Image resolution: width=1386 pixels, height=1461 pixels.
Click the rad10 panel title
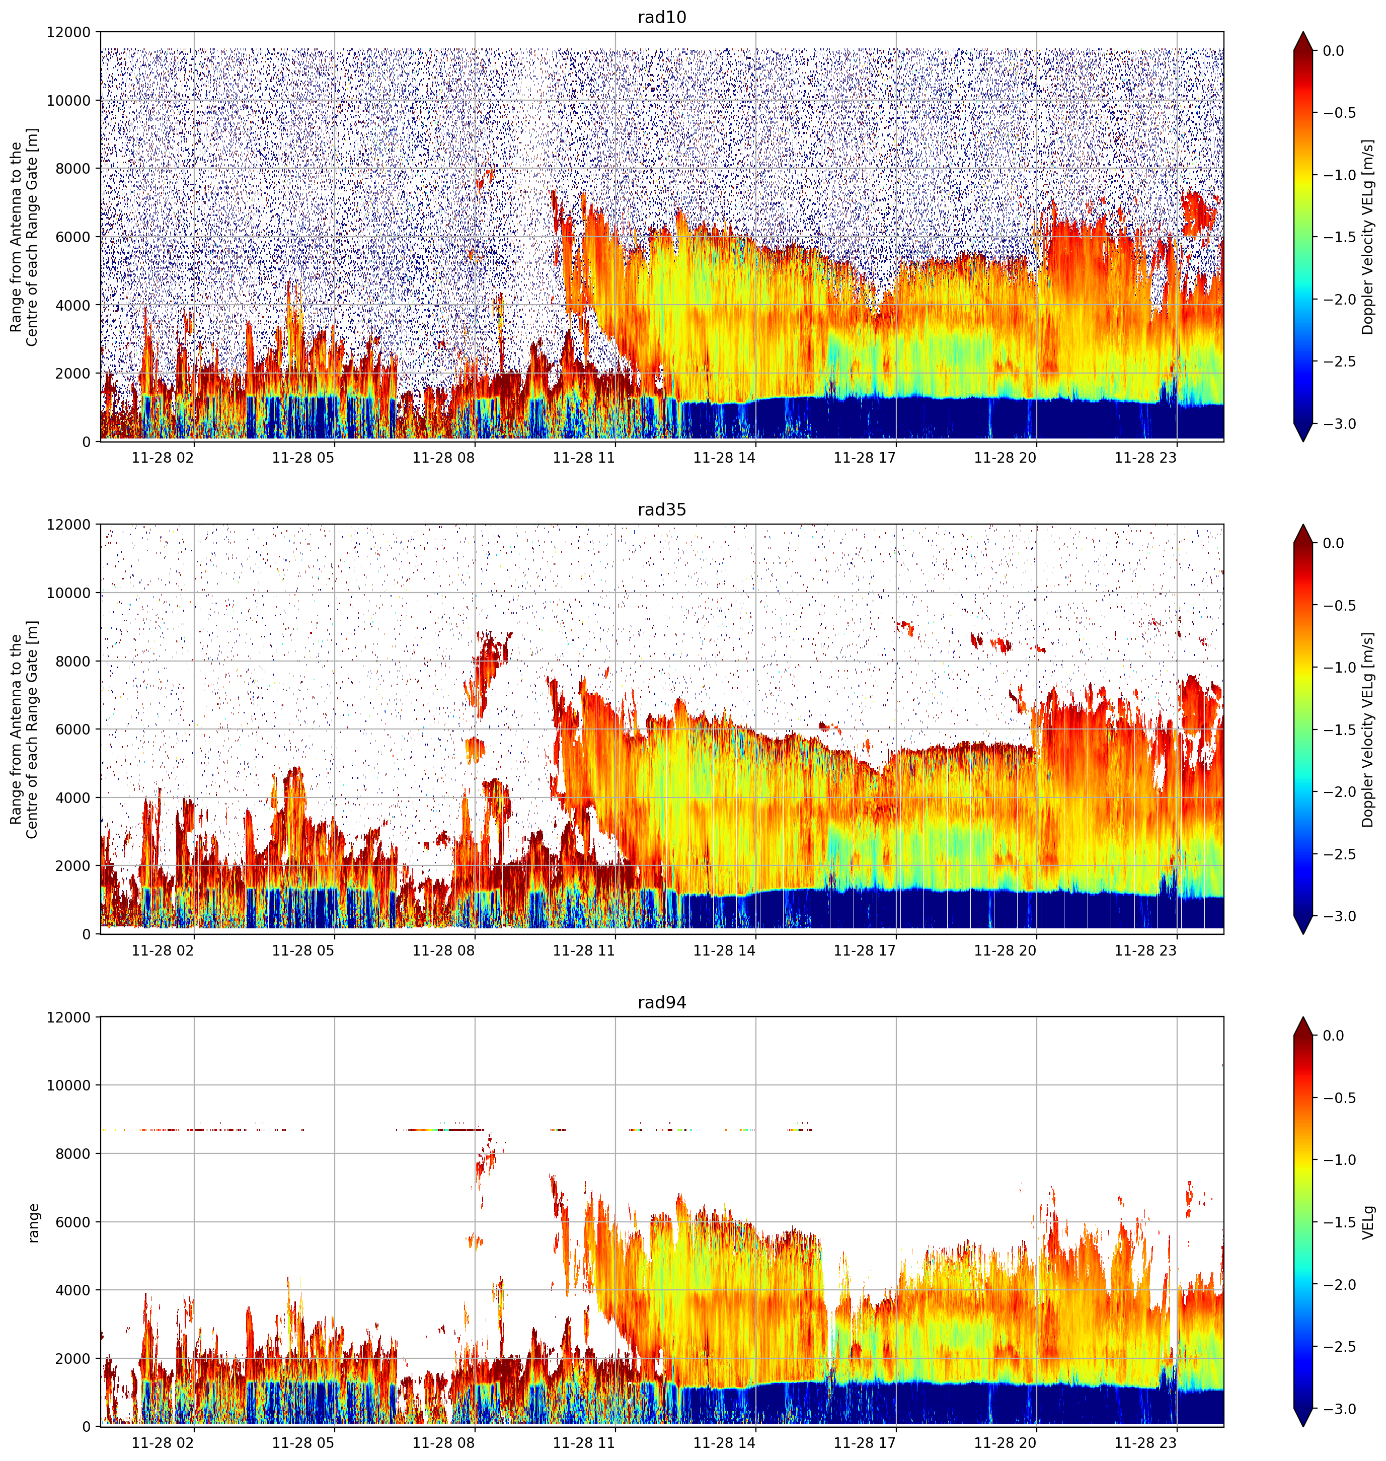coord(661,17)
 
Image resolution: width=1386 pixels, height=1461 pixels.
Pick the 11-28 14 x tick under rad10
coord(724,458)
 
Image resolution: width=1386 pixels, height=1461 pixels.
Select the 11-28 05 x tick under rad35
coord(303,951)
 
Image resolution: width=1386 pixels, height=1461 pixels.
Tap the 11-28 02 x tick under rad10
coord(163,458)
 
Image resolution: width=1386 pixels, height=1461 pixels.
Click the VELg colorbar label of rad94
coord(1368,1222)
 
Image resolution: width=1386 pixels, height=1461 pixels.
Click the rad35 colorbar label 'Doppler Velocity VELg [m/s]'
coord(1368,729)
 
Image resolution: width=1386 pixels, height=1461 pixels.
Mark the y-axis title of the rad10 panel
coord(24,237)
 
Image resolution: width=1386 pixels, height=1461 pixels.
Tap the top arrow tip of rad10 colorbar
coord(1304,32)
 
